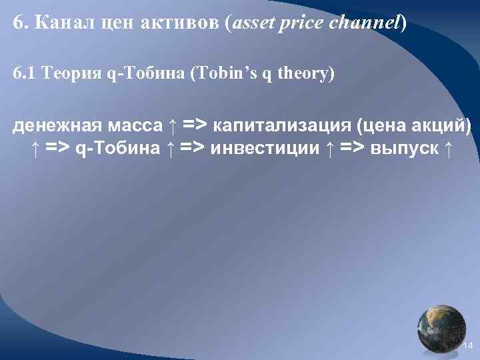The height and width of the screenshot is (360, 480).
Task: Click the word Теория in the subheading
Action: click(x=71, y=73)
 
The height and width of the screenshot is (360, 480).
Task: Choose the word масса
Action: click(x=131, y=125)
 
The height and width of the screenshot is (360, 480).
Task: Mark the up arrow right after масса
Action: click(x=173, y=125)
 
